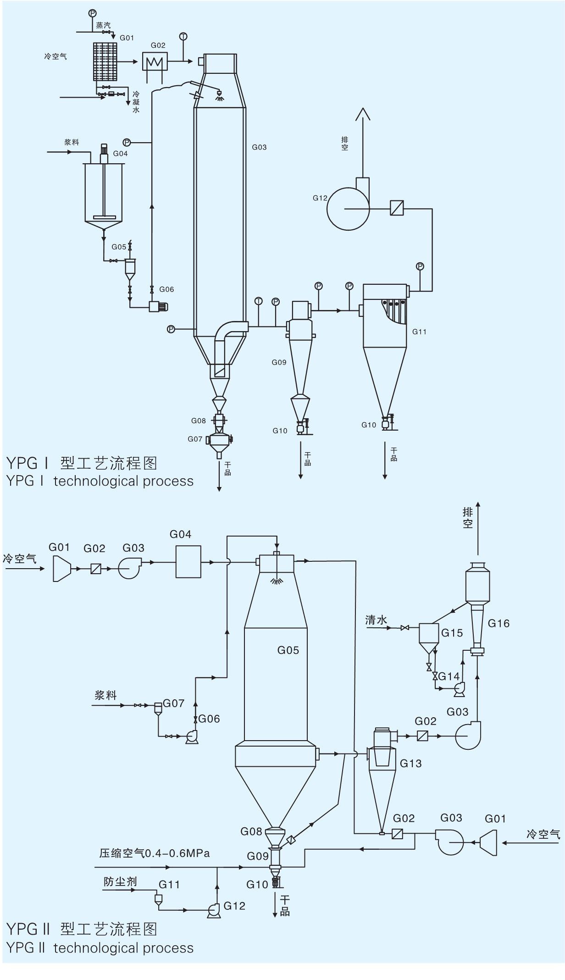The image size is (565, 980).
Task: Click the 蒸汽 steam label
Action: pos(103,26)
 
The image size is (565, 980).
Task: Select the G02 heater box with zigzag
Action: pos(155,61)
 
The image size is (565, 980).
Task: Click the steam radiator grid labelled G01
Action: pos(105,61)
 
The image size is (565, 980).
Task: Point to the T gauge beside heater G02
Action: pos(183,36)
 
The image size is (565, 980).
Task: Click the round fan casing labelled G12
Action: pos(348,209)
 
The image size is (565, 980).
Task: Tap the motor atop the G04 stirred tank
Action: pos(104,152)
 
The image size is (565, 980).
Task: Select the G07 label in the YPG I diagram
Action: pos(195,439)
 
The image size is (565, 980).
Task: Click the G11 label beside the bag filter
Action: pos(419,332)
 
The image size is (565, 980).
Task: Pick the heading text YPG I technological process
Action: pos(100,481)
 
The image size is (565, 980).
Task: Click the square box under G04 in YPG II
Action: pos(188,561)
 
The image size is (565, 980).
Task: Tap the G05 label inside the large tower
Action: pos(288,650)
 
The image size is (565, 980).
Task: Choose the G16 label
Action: pos(499,623)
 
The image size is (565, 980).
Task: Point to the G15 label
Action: pos(452,633)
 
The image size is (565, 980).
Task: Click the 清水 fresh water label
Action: pos(376,620)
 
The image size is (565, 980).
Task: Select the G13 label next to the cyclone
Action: pos(410,763)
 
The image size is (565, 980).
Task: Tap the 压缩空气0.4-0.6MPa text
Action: pos(155,853)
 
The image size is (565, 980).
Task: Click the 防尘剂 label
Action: pos(120,881)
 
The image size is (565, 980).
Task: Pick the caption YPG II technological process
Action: pos(100,947)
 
